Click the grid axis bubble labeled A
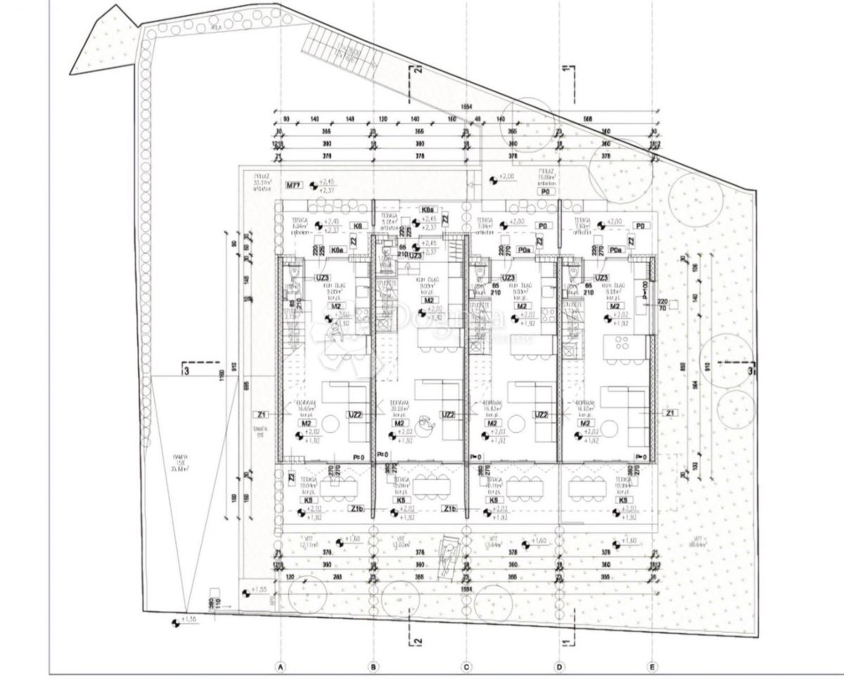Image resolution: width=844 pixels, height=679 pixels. (x=280, y=666)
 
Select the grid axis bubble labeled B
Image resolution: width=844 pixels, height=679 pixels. (x=373, y=666)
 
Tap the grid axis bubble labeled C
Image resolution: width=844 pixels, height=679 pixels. (x=466, y=666)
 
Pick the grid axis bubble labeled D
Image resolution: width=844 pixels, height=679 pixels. (x=560, y=666)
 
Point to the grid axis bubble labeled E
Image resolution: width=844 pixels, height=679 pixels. (x=653, y=666)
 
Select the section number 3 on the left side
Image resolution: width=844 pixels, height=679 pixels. (x=186, y=370)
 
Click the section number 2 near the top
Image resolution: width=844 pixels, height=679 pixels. (x=417, y=70)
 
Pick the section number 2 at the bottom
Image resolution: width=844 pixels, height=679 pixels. (x=417, y=641)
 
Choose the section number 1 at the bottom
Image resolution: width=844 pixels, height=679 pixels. (x=566, y=641)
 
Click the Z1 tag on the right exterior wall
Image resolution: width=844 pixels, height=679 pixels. (x=670, y=413)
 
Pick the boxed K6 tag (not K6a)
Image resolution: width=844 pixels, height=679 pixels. (x=359, y=226)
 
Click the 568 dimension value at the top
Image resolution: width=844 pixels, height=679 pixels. (x=588, y=119)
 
